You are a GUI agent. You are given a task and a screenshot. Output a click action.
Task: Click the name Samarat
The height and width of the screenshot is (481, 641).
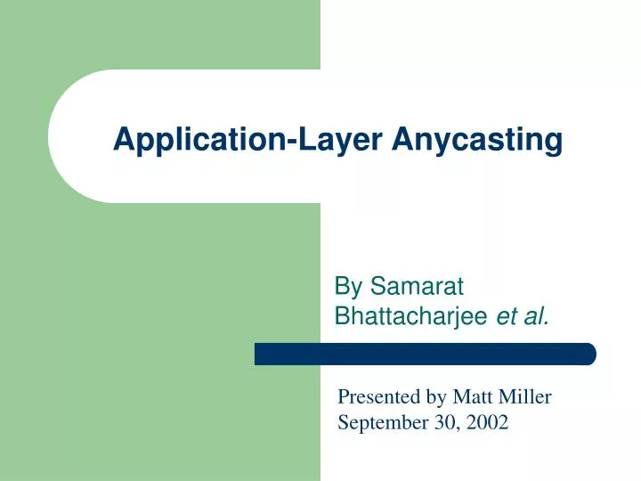(418, 286)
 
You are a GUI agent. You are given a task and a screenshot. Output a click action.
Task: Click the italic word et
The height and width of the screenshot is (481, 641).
(507, 314)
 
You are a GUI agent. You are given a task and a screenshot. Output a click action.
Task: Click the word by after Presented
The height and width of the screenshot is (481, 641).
(434, 397)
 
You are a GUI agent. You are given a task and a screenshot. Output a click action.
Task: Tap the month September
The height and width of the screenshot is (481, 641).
(380, 423)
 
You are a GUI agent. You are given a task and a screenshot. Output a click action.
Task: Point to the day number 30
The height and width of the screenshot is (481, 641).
(440, 423)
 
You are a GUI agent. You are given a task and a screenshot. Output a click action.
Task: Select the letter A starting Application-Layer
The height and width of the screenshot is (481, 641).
(123, 140)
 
